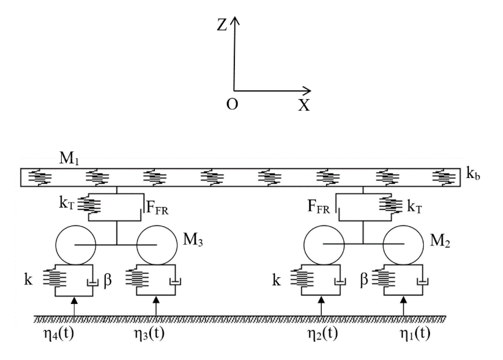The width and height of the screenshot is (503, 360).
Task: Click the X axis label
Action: (x=304, y=105)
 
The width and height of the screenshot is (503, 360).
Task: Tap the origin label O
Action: (x=232, y=104)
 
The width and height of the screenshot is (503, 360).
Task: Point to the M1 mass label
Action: (x=69, y=159)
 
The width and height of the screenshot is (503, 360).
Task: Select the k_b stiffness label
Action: (x=473, y=174)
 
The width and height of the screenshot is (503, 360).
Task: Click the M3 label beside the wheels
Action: (x=193, y=240)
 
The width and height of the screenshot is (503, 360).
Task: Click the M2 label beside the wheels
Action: (x=440, y=241)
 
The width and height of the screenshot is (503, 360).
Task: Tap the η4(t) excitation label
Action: (x=59, y=334)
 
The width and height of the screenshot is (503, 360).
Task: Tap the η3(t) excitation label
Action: (x=149, y=334)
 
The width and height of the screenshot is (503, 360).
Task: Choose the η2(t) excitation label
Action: (x=323, y=334)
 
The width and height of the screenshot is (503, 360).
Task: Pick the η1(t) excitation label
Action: (x=415, y=334)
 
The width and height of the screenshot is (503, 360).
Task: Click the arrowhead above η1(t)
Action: (x=403, y=300)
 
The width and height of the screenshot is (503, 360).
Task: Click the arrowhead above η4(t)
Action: (x=74, y=300)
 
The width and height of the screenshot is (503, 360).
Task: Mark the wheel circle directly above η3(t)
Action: (x=157, y=245)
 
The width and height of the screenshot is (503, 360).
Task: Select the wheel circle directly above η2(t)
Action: (x=324, y=245)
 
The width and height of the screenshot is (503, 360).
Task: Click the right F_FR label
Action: (x=318, y=207)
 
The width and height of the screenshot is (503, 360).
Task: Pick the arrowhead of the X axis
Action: (x=309, y=91)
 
